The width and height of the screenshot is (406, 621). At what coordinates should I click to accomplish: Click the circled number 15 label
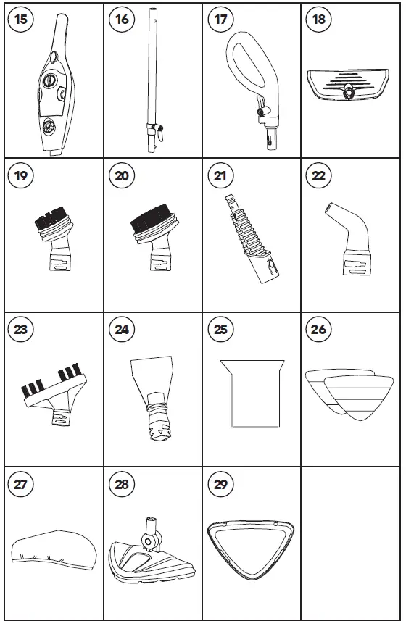(22, 20)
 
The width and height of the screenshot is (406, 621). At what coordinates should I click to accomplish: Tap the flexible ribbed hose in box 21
(246, 232)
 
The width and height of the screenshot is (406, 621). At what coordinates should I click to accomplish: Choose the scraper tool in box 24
(153, 391)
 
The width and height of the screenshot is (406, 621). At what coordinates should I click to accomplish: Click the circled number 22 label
(319, 175)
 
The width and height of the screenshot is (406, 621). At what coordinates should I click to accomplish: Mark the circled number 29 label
(220, 484)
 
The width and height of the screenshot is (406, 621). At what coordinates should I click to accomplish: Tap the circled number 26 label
(319, 330)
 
